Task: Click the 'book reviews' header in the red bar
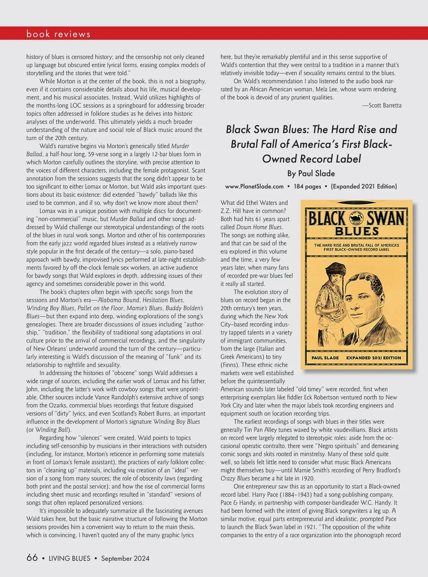click(58, 34)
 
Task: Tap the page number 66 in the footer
click(32, 558)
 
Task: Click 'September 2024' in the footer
click(125, 558)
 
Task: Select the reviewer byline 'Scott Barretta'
click(385, 105)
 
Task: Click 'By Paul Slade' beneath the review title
click(311, 173)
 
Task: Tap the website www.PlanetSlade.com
click(254, 186)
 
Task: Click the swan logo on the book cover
click(357, 217)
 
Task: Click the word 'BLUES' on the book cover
click(357, 231)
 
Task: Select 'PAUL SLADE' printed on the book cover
click(325, 358)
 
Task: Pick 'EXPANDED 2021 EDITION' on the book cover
click(373, 358)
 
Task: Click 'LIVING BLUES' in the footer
click(70, 558)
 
